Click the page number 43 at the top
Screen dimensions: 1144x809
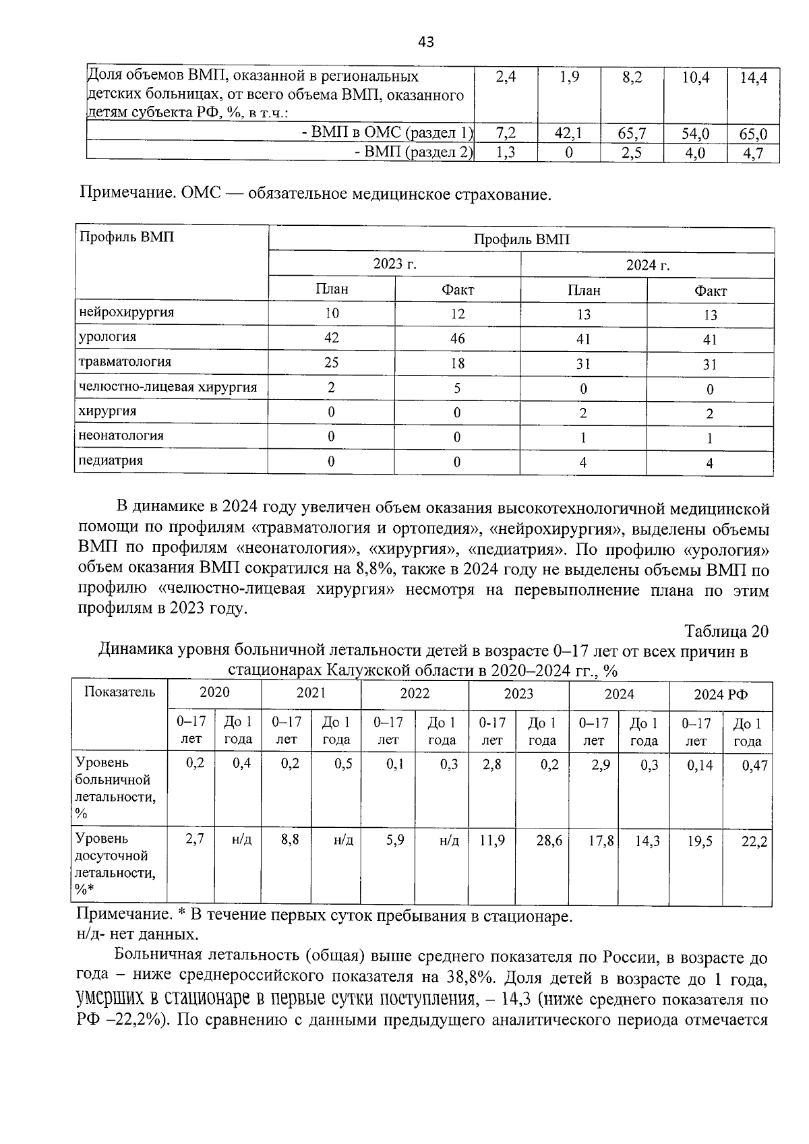click(425, 42)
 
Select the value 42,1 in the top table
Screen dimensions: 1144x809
click(568, 133)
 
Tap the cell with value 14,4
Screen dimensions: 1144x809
click(753, 78)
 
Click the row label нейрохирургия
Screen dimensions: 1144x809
click(126, 312)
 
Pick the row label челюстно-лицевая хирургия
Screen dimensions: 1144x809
click(168, 387)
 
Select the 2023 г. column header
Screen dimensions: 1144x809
click(394, 264)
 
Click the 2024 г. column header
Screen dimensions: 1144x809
click(647, 266)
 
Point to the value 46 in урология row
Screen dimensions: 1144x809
click(457, 339)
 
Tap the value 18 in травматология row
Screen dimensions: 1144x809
click(457, 364)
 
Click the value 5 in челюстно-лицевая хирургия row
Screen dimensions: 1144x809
click(457, 389)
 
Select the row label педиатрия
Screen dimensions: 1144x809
click(111, 461)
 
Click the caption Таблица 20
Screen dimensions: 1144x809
click(726, 632)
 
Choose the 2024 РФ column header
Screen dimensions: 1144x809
click(720, 694)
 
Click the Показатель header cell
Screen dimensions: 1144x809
click(119, 692)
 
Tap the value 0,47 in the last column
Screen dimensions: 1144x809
click(754, 766)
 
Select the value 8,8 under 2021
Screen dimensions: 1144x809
click(290, 841)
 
